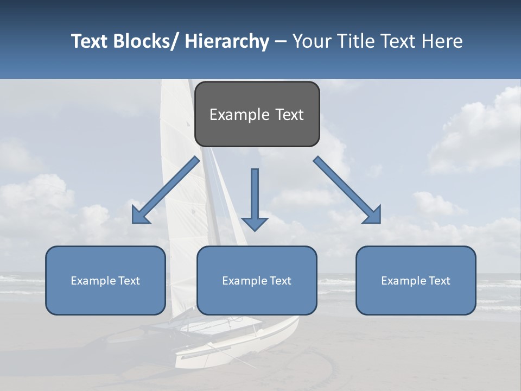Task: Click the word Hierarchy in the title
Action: tap(227, 41)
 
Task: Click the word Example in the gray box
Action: tap(239, 115)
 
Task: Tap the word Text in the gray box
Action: tap(289, 115)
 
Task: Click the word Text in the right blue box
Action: tap(439, 281)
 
